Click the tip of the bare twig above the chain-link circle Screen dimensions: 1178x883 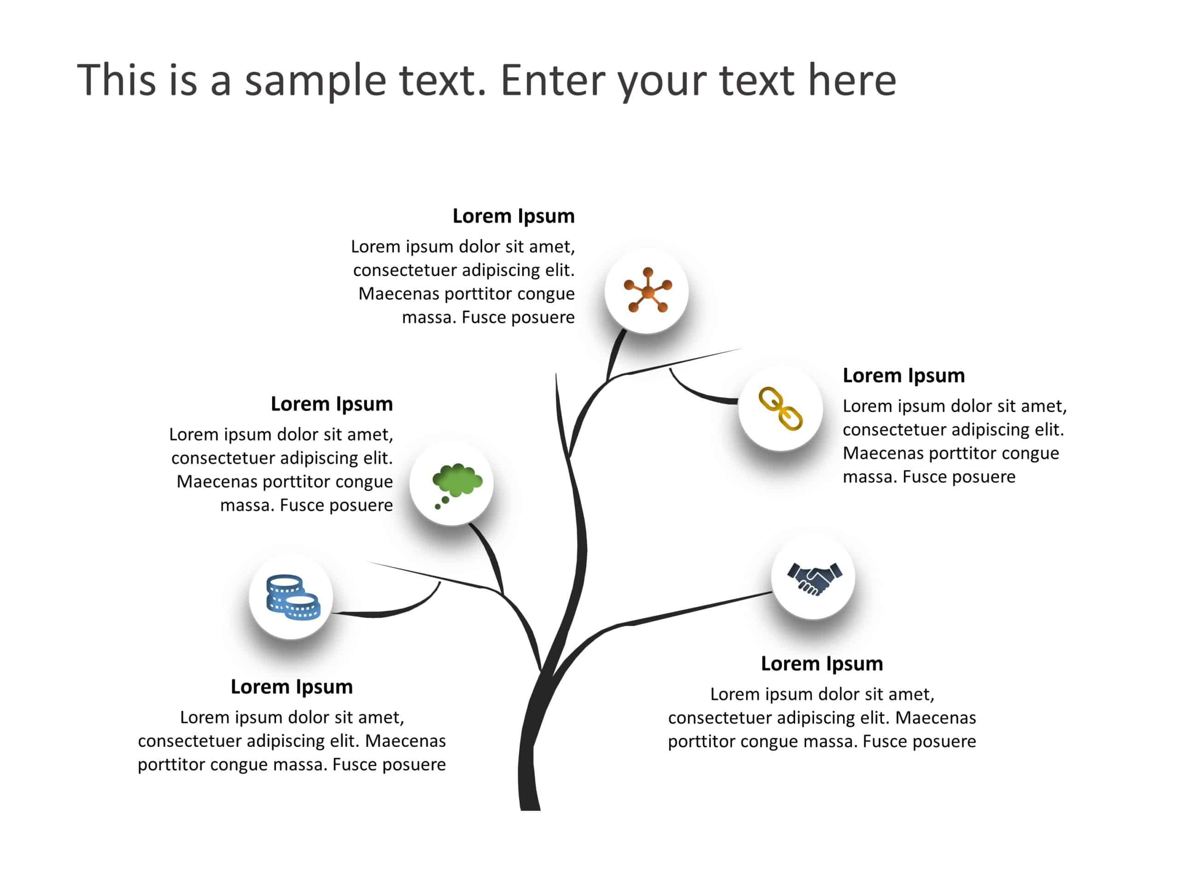pos(742,349)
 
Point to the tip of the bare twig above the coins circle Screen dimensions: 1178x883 pos(366,562)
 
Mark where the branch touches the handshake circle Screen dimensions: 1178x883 pos(772,592)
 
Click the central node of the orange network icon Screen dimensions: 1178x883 pos(647,292)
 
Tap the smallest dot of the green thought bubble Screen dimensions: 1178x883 pos(438,507)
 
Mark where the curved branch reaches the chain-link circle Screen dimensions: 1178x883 pos(739,401)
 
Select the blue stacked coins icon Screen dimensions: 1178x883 pos(294,597)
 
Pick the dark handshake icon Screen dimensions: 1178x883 pos(815,579)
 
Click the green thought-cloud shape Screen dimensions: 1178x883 pos(457,479)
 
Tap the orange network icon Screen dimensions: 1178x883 pos(647,290)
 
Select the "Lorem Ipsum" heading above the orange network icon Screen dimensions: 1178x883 pos(514,216)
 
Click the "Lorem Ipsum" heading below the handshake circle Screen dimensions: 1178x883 pos(822,664)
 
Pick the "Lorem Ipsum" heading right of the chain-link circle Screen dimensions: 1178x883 pos(904,376)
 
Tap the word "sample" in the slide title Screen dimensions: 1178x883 pos(315,80)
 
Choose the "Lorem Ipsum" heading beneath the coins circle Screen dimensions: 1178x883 pos(292,687)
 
